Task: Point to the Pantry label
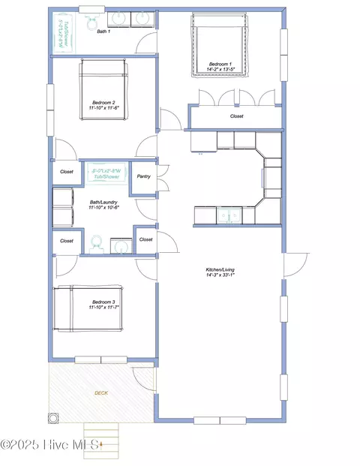[144, 177]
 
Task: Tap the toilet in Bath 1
[91, 19]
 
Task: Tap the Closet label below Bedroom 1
[236, 116]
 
